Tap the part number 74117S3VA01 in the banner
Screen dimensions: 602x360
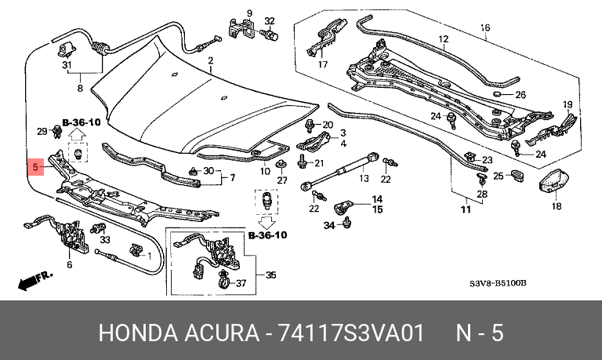click(x=350, y=333)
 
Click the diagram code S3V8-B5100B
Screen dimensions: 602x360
click(x=498, y=284)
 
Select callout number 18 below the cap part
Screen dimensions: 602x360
click(x=557, y=206)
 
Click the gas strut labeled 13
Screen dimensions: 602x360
click(x=340, y=171)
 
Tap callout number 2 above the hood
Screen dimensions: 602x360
click(x=211, y=60)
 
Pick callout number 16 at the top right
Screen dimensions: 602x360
click(x=485, y=27)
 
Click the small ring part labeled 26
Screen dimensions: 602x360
click(x=496, y=94)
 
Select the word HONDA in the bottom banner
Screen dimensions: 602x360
click(x=138, y=333)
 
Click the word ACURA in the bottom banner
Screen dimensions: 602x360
click(x=222, y=333)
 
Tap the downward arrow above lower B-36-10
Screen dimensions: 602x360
click(x=267, y=222)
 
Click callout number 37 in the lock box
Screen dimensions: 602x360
click(x=241, y=284)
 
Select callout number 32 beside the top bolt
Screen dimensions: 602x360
click(x=270, y=21)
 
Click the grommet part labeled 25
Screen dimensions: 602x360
click(x=517, y=175)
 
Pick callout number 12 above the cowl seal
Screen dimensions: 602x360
click(x=443, y=39)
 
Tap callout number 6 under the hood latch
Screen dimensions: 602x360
click(x=69, y=265)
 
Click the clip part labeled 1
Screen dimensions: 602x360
click(x=136, y=250)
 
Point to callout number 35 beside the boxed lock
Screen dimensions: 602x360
click(x=271, y=275)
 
